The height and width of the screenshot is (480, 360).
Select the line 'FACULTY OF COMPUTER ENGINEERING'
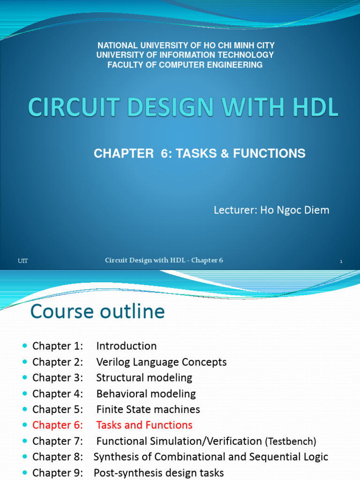(185, 65)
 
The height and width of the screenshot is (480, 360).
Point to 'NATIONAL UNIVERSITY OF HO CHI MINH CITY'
(186, 45)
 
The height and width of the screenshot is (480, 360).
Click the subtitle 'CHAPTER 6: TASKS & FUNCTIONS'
(200, 153)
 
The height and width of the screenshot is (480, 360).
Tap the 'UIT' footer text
(22, 261)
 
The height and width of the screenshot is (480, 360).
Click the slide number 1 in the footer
(341, 262)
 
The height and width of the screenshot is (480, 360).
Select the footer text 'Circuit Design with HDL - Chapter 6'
(164, 261)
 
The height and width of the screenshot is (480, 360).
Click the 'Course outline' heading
(97, 312)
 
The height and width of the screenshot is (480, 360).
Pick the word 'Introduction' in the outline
(127, 346)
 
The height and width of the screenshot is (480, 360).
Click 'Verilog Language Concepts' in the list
(161, 362)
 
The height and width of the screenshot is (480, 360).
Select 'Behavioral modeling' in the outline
(146, 394)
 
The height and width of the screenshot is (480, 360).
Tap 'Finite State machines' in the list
(148, 410)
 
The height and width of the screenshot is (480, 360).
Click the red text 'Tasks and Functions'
(144, 425)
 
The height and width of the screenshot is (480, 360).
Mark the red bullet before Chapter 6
(25, 425)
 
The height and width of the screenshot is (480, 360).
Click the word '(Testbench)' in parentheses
(291, 442)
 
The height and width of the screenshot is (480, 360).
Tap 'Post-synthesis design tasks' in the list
(158, 473)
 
